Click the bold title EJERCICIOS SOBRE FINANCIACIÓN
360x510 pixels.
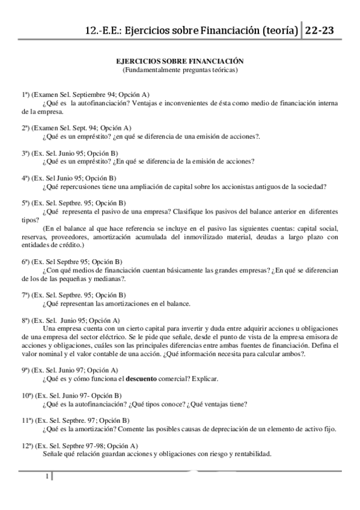(x=180, y=61)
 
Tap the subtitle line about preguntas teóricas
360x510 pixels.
(x=180, y=70)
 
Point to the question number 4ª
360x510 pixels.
(x=26, y=178)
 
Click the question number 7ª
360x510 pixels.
(x=26, y=295)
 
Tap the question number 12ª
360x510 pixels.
(x=28, y=446)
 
